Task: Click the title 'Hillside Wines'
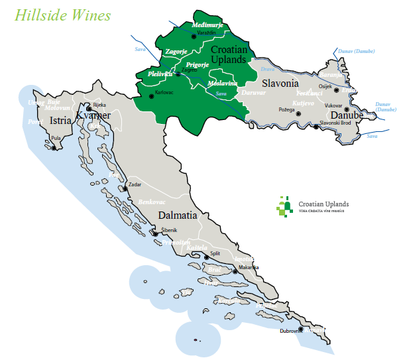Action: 63,14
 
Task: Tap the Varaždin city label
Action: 207,32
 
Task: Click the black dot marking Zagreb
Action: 178,74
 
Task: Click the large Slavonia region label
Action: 280,84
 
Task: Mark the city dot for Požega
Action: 299,114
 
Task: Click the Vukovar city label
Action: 333,106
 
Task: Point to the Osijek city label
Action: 325,86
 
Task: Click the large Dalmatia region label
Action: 178,215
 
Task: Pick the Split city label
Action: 215,253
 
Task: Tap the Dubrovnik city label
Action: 290,330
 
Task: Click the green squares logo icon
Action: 284,207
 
